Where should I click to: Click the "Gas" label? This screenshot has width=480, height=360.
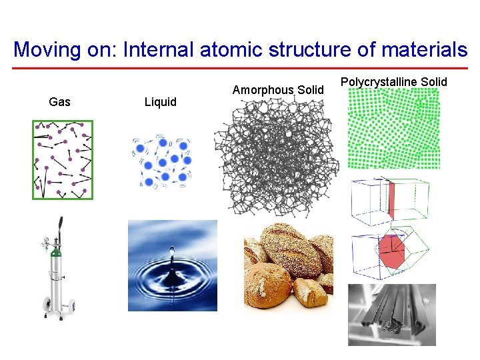coord(59,102)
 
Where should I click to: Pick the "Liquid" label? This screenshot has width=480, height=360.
coord(161,102)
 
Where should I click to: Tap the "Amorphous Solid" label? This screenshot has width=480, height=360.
coord(278,90)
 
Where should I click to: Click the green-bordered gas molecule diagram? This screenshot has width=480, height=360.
coord(63,159)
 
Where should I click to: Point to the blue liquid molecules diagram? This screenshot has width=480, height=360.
coord(164,162)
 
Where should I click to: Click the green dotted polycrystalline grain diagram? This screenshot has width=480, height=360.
coord(395,131)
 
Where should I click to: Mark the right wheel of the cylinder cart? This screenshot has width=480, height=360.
coord(69,306)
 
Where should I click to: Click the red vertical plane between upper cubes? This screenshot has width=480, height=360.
coord(392,201)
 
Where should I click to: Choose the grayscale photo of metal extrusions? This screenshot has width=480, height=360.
coord(392,315)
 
